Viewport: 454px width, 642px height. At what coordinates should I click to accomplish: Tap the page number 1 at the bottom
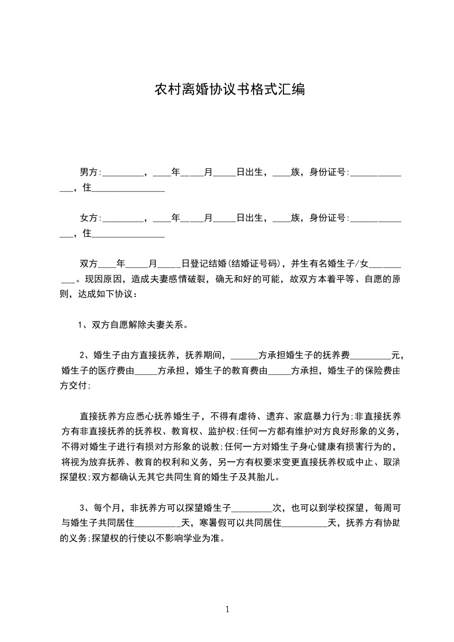point(227,609)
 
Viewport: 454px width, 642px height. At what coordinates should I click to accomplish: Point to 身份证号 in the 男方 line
point(328,171)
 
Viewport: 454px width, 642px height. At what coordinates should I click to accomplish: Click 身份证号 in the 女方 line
point(328,218)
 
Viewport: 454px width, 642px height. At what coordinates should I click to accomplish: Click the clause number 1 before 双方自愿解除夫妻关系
point(81,326)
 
